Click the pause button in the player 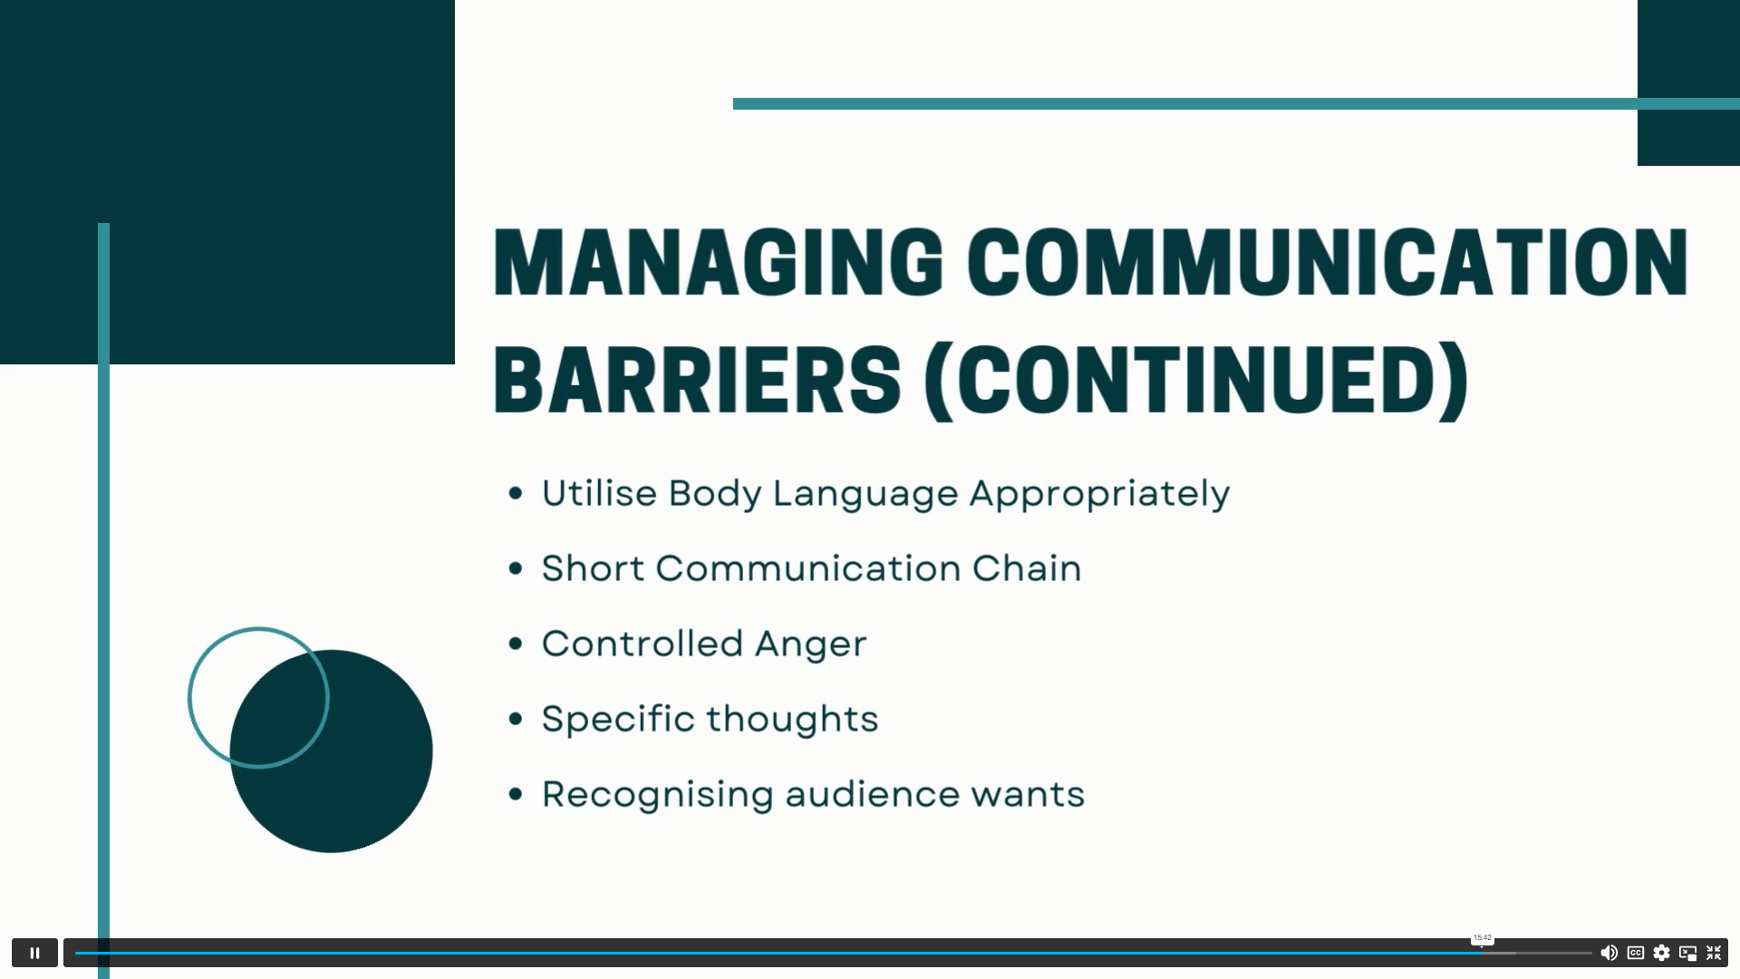pyautogui.click(x=34, y=953)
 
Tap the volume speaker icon pyautogui.click(x=1609, y=953)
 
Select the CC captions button pyautogui.click(x=1636, y=953)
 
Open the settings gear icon pyautogui.click(x=1661, y=953)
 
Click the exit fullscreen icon pyautogui.click(x=1714, y=953)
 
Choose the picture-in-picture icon pyautogui.click(x=1687, y=953)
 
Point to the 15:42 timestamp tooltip pyautogui.click(x=1483, y=938)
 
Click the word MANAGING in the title pyautogui.click(x=718, y=263)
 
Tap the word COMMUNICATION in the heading pyautogui.click(x=1328, y=263)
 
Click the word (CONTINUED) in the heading pyautogui.click(x=1196, y=381)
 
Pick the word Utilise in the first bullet pyautogui.click(x=599, y=493)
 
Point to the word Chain pyautogui.click(x=1027, y=568)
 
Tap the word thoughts pyautogui.click(x=792, y=719)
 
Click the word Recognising pyautogui.click(x=657, y=795)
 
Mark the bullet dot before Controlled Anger pyautogui.click(x=517, y=644)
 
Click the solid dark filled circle pyautogui.click(x=332, y=751)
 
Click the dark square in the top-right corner pyautogui.click(x=1688, y=82)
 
